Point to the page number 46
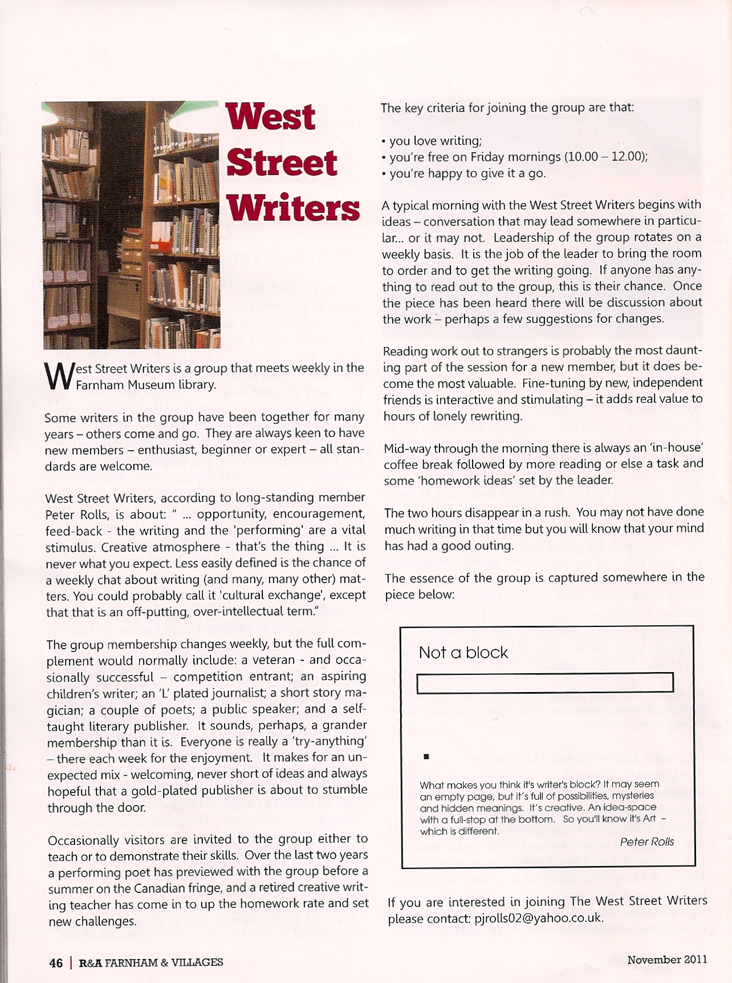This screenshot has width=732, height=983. [56, 963]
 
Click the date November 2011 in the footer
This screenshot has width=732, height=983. [667, 960]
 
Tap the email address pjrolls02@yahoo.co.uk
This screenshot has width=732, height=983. [538, 918]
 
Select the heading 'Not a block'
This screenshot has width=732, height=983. [463, 653]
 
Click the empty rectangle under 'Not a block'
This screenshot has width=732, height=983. [545, 683]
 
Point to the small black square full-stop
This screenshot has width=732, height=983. [426, 757]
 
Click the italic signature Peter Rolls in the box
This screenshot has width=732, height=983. [646, 842]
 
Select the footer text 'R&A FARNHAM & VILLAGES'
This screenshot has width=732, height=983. [151, 963]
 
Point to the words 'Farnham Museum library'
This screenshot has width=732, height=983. [146, 385]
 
